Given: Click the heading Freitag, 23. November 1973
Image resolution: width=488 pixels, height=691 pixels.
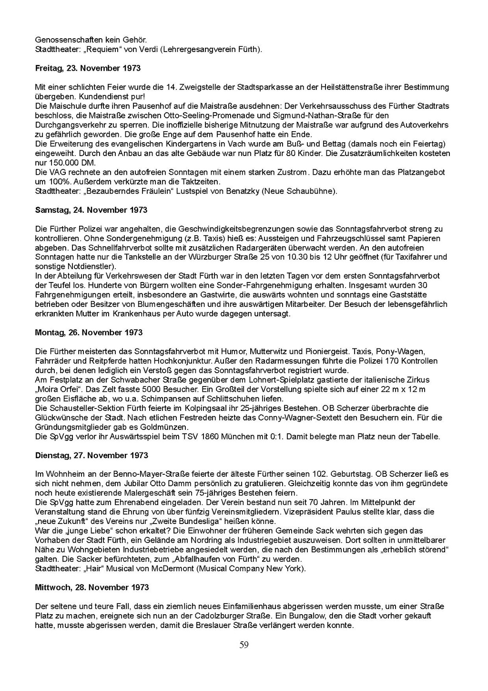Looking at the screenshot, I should [88, 68].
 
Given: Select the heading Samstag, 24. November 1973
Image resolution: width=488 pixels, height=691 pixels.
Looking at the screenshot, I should [91, 210].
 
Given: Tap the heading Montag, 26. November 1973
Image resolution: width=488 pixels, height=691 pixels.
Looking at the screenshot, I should [89, 333].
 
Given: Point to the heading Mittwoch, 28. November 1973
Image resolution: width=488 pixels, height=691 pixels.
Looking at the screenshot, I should [92, 587].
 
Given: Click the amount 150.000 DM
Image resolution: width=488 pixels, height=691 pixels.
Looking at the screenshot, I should [71, 163].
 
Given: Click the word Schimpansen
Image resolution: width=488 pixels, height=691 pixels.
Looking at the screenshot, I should [183, 399].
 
